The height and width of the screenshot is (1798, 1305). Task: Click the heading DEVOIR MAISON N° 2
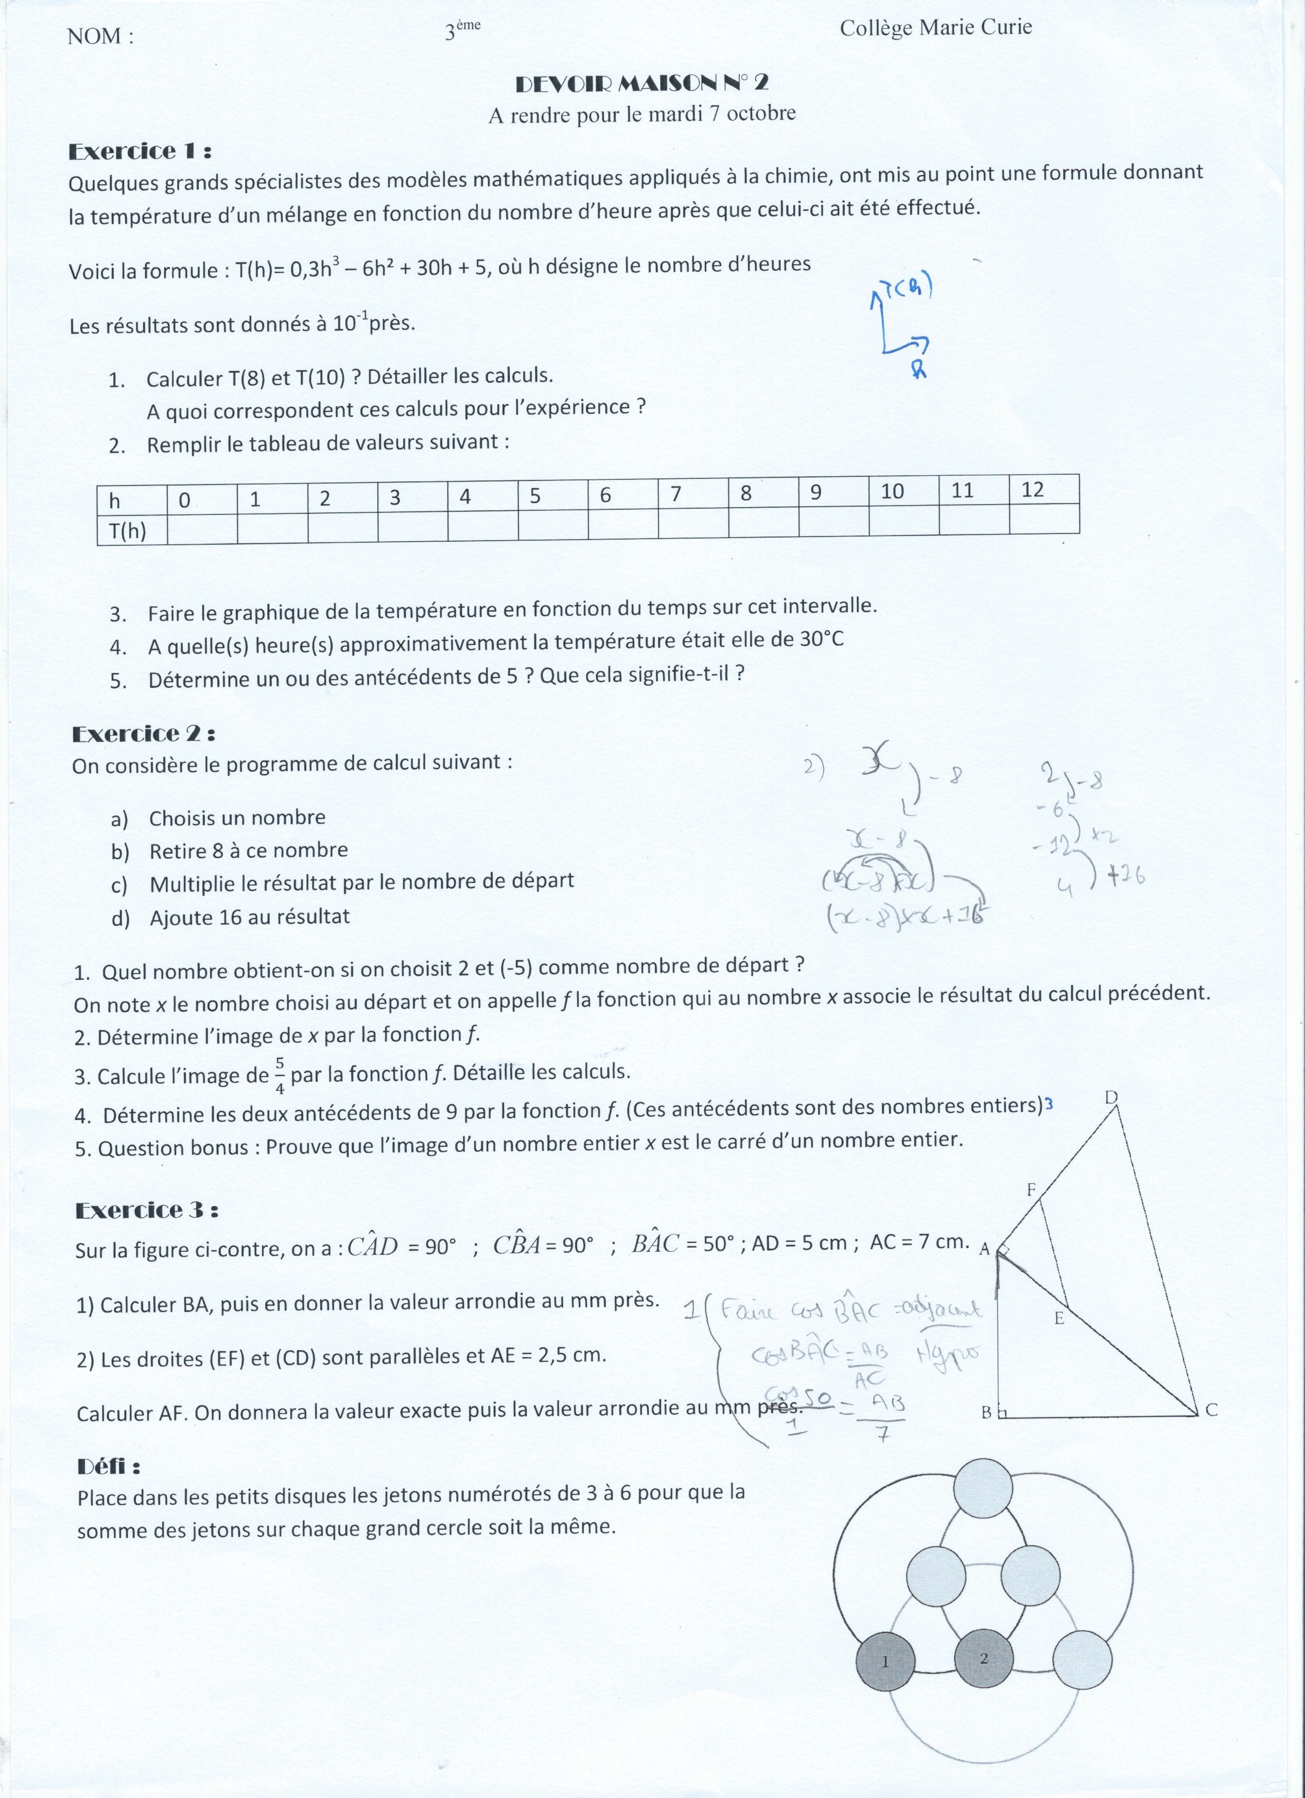pos(641,83)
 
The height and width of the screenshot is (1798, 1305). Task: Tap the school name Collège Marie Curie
pos(935,28)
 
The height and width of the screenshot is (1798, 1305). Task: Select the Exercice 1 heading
pos(140,151)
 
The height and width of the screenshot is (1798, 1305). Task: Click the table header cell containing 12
pos(1044,489)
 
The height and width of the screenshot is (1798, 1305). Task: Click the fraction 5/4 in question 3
pos(280,1076)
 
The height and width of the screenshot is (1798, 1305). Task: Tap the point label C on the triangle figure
pos(1211,1410)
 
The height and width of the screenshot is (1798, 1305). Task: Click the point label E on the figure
pos(1058,1318)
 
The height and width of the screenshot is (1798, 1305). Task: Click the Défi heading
pos(109,1466)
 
